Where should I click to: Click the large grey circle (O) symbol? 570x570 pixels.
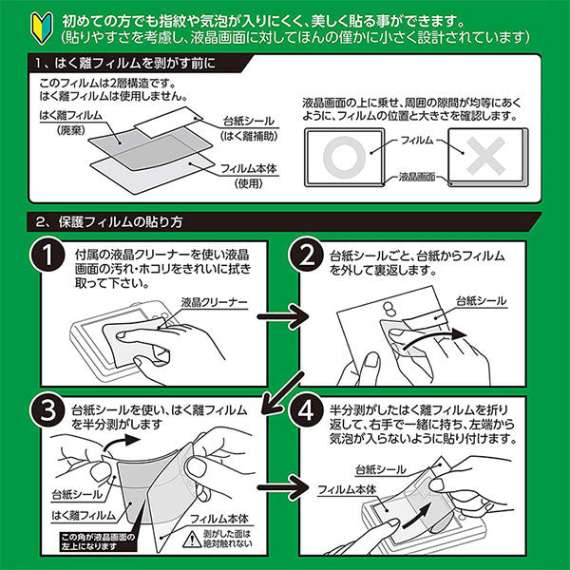tap(338, 154)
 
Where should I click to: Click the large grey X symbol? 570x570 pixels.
tap(484, 154)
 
